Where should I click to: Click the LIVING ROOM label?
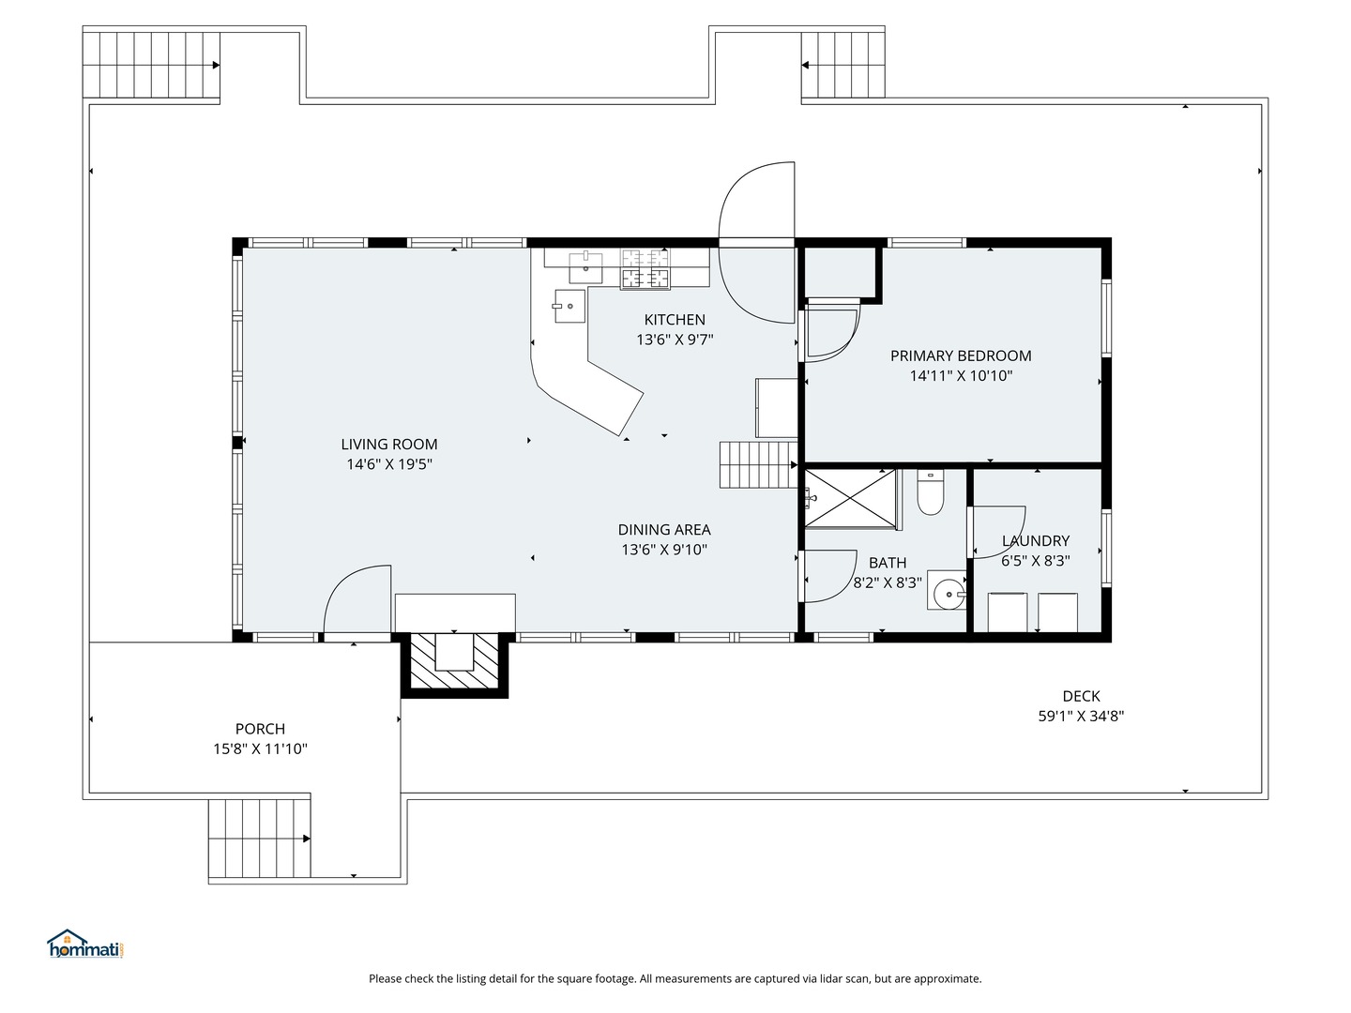[389, 444]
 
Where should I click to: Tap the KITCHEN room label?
[675, 320]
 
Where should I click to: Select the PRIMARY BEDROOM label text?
[961, 355]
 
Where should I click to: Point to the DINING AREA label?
[664, 530]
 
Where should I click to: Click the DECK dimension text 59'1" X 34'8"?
[1081, 716]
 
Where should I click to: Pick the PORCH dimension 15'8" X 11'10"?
[260, 748]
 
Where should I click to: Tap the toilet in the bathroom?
[930, 492]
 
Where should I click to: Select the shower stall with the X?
[850, 498]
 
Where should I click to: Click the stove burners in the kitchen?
[645, 269]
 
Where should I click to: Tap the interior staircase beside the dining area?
[758, 465]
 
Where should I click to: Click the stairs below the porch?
[259, 838]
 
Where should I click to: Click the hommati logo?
[86, 945]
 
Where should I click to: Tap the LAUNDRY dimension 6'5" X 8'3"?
[1035, 560]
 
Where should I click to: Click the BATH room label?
[888, 563]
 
